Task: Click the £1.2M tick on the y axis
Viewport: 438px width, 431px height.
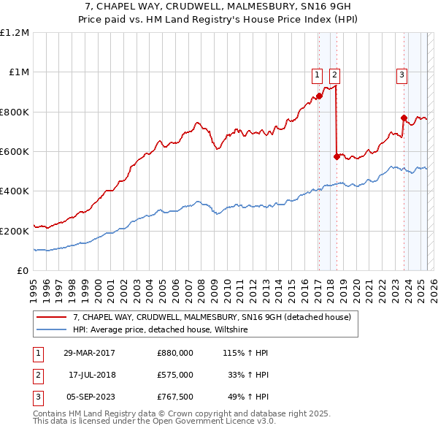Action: (x=15, y=33)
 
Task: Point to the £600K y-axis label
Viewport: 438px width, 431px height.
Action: (x=15, y=152)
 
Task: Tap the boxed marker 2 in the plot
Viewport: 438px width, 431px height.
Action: (x=334, y=73)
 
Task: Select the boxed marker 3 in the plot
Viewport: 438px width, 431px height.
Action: (x=402, y=73)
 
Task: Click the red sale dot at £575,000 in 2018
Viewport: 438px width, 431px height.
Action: (x=336, y=156)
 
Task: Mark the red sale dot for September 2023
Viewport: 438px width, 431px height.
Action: (x=404, y=118)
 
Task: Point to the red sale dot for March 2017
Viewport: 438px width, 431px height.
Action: (x=319, y=96)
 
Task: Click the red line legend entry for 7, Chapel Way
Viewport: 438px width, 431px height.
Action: (x=212, y=317)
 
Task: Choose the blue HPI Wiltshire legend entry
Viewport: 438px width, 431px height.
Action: (x=161, y=329)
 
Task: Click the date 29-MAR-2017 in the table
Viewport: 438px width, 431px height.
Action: (x=89, y=353)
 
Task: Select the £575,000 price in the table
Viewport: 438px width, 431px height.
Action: (x=175, y=375)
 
